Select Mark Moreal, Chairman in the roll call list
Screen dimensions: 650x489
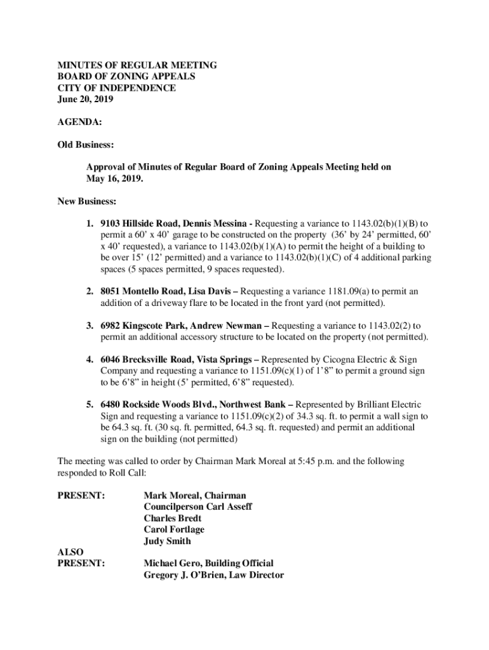click(195, 495)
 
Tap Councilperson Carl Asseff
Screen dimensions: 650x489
click(198, 507)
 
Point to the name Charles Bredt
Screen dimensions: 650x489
click(173, 518)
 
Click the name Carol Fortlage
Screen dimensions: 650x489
click(174, 529)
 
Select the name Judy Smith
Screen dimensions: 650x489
click(167, 541)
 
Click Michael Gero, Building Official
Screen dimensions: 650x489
click(209, 563)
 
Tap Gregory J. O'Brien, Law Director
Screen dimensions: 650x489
click(214, 575)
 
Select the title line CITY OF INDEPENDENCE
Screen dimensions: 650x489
click(117, 88)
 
